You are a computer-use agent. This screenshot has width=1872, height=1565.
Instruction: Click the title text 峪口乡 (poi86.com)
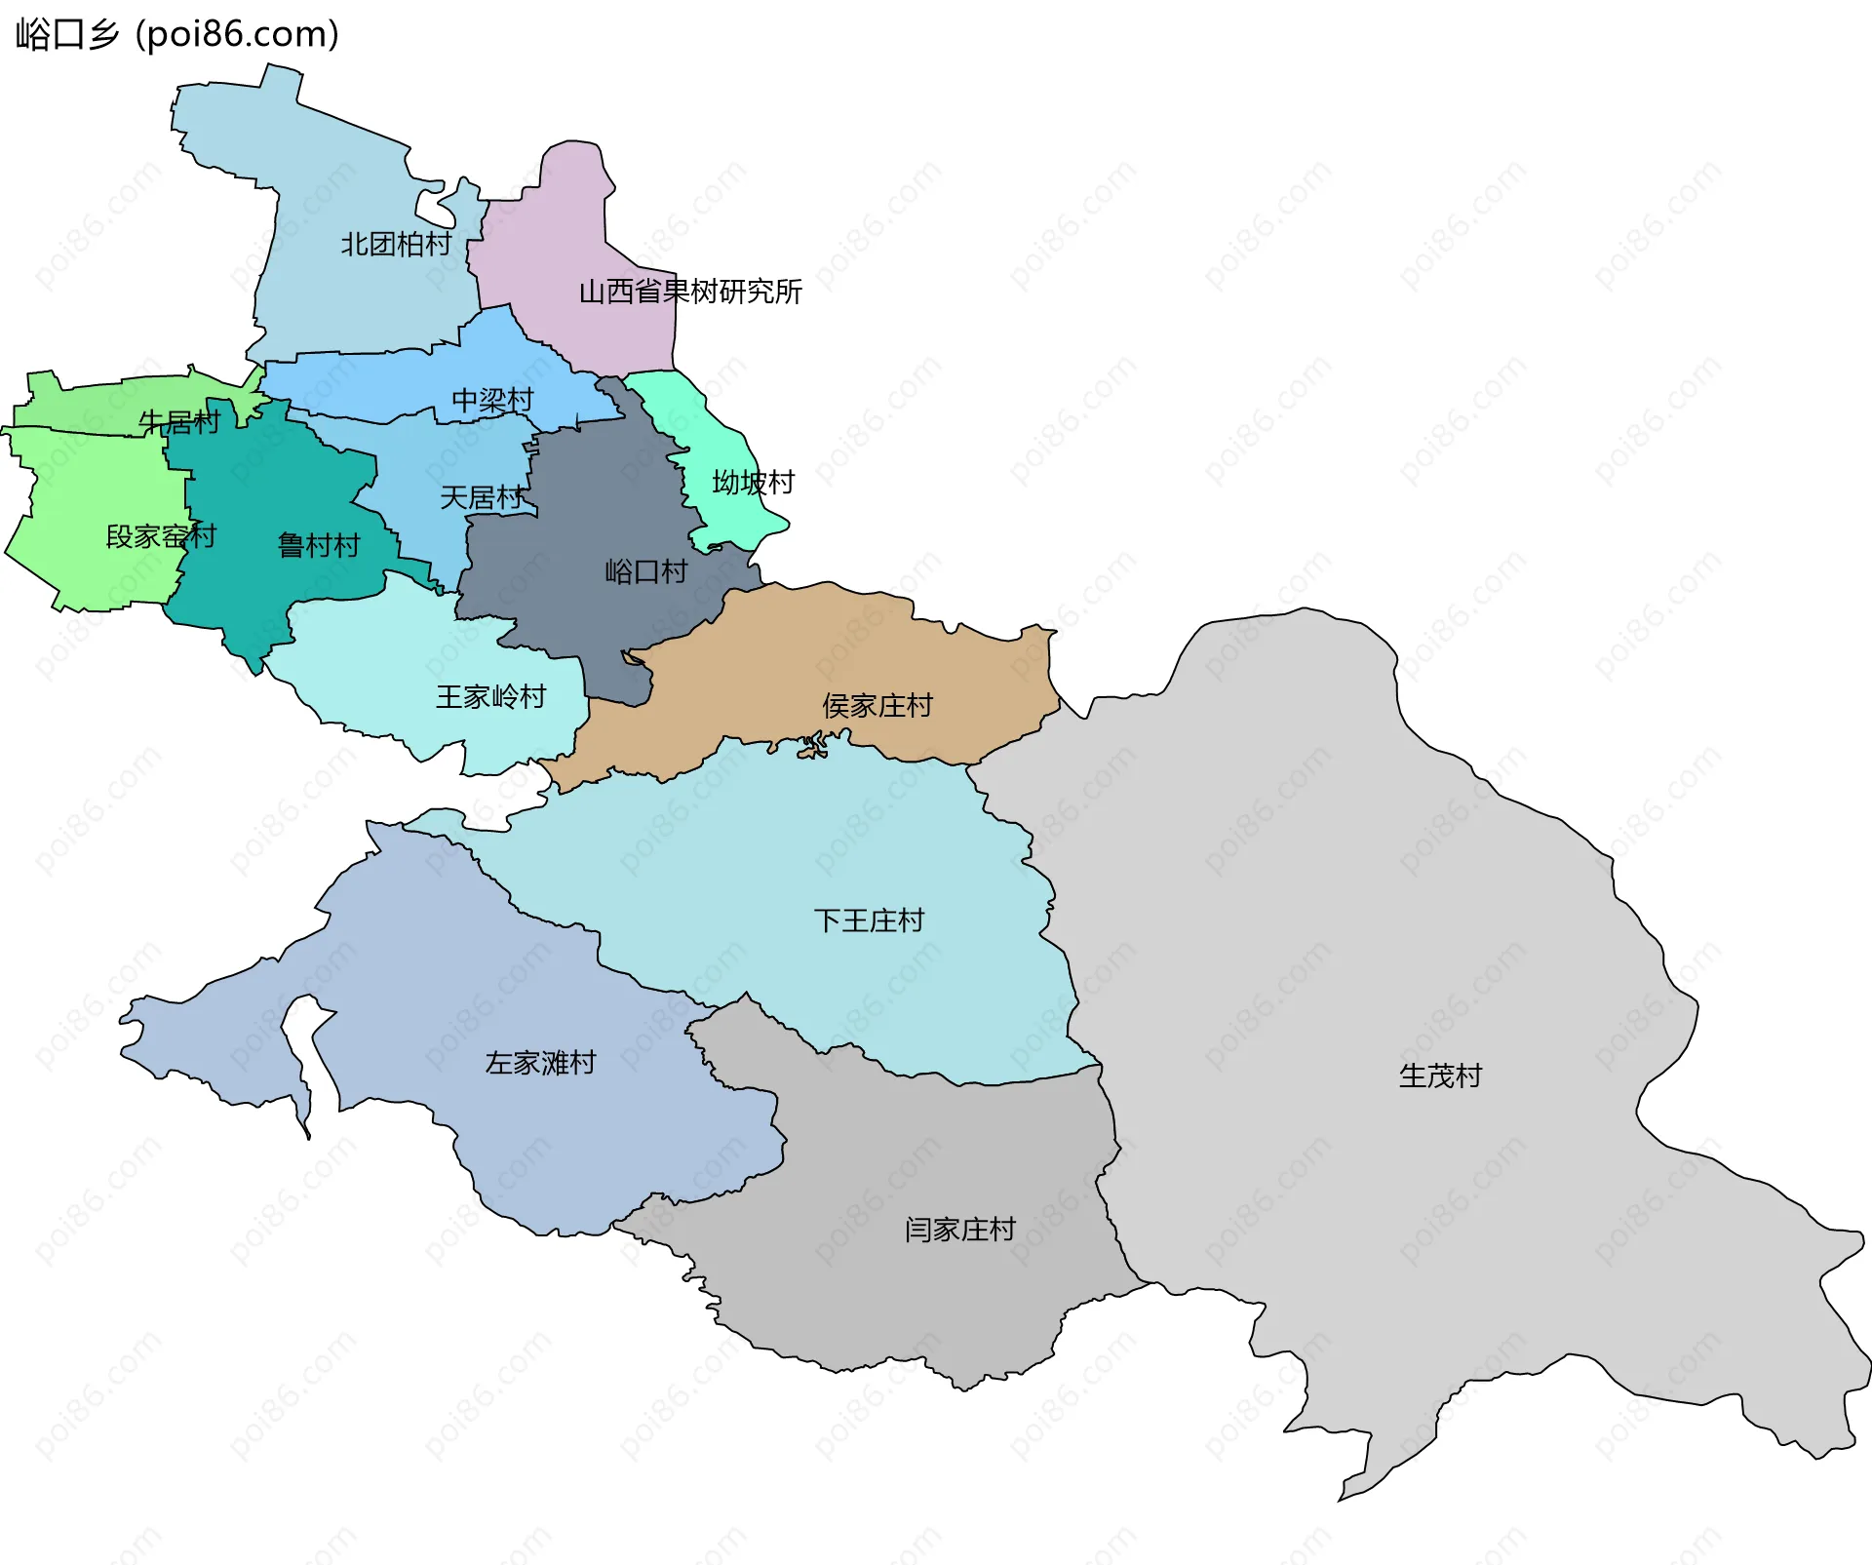177,34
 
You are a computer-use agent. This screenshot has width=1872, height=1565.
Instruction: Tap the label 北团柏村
396,244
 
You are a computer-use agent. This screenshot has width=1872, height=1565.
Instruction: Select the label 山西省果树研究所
690,292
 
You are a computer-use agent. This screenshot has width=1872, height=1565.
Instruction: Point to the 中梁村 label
492,401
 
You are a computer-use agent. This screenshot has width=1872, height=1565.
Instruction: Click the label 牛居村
179,422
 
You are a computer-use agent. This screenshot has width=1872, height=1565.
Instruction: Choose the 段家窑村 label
161,536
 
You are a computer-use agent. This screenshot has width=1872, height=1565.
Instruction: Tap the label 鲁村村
319,545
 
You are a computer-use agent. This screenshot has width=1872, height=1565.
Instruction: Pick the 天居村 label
481,498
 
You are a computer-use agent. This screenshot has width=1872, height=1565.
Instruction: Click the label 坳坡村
753,483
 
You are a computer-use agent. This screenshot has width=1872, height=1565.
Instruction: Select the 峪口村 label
646,571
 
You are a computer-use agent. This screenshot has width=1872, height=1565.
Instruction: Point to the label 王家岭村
490,697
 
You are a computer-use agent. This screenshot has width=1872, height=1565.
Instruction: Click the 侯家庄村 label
877,706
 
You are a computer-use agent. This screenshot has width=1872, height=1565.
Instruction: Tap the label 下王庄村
869,921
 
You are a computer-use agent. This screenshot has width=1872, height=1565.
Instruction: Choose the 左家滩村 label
540,1063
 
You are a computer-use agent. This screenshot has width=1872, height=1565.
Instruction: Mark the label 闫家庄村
960,1230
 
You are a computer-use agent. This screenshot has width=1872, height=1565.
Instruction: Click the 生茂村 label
1440,1076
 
